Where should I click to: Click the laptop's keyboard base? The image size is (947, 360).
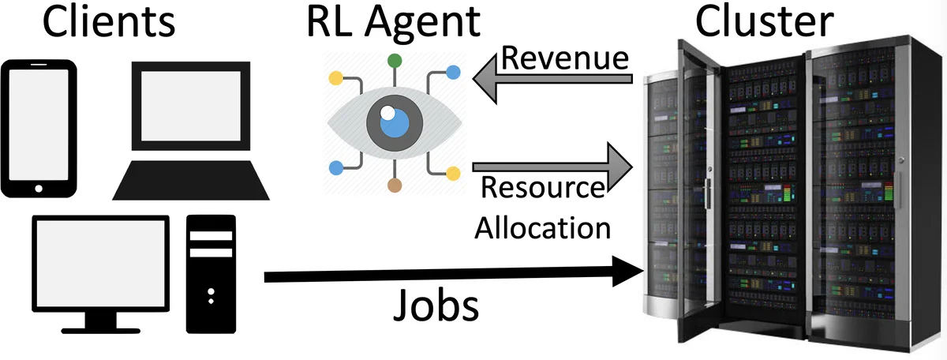click(x=191, y=179)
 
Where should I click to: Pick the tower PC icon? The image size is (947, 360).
click(x=211, y=273)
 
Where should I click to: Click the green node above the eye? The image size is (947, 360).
click(x=395, y=60)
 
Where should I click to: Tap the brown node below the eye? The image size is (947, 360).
click(x=395, y=186)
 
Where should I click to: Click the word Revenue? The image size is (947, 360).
click(x=565, y=59)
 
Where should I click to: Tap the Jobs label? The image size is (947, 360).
click(x=436, y=306)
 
